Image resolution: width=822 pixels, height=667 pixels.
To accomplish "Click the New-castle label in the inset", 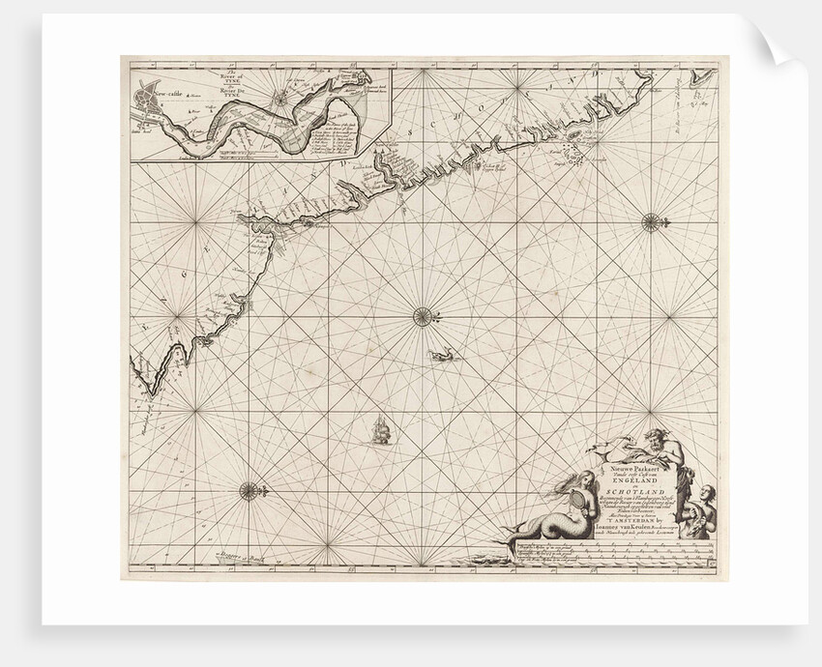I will tap(157, 95).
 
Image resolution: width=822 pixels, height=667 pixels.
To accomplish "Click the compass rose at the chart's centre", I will tap(423, 313).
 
